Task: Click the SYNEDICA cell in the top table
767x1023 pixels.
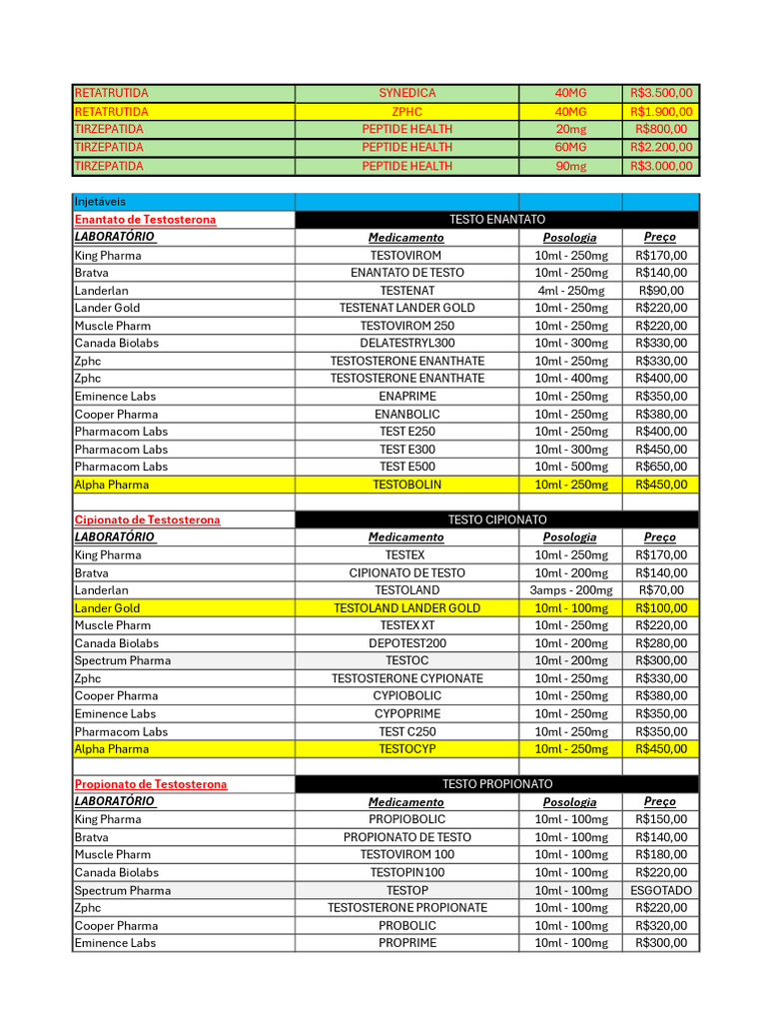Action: tap(406, 93)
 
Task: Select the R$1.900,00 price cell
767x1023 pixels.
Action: tap(661, 112)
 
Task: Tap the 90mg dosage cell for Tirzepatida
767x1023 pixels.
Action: tap(570, 166)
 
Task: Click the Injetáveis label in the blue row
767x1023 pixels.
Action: tap(101, 202)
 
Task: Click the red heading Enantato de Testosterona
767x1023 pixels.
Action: tap(145, 220)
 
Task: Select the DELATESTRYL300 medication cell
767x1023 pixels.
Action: tap(406, 344)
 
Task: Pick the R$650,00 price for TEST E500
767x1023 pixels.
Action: tap(661, 467)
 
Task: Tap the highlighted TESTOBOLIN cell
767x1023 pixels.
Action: tap(406, 485)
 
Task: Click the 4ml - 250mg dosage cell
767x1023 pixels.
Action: tap(570, 291)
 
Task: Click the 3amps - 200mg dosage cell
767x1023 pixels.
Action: tap(570, 590)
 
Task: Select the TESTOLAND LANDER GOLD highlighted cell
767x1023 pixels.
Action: tap(406, 608)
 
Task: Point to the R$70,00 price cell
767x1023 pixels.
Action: tap(661, 590)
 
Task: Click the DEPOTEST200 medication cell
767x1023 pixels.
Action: tap(406, 643)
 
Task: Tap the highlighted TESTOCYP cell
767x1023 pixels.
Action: tap(406, 749)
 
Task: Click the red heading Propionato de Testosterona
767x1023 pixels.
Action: tap(151, 784)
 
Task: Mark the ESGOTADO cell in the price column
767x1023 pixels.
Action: tap(661, 890)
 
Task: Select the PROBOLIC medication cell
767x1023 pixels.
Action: tap(406, 925)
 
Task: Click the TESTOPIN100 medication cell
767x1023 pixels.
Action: tap(406, 872)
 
